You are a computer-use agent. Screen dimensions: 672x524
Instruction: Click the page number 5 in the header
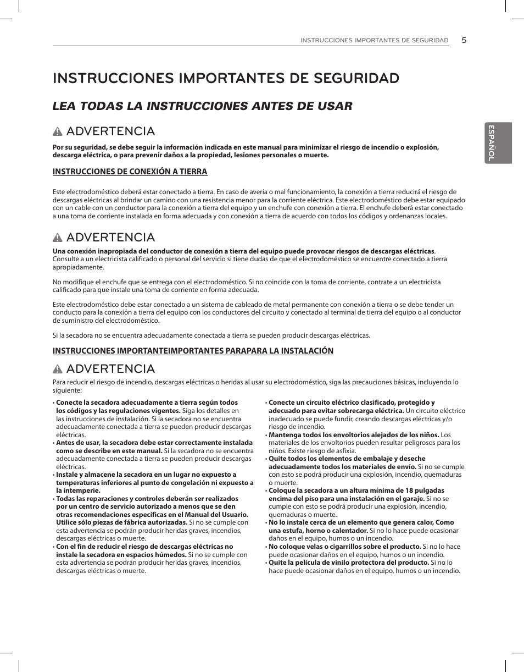tap(464, 40)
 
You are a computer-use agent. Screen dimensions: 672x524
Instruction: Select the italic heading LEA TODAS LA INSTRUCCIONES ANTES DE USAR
tap(202, 106)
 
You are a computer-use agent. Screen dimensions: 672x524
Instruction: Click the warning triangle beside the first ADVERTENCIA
tap(58, 132)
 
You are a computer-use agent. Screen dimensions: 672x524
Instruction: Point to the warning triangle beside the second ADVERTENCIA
tap(58, 238)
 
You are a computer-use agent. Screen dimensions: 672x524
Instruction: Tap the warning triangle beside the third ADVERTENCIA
tap(58, 369)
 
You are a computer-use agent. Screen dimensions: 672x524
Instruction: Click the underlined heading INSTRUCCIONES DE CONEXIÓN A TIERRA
tap(130, 172)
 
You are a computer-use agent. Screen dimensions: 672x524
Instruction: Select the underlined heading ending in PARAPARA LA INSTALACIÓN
tap(193, 350)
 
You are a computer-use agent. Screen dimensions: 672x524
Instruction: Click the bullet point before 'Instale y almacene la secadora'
tap(54, 475)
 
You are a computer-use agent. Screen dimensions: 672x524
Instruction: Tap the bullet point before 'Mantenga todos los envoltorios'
tap(266, 435)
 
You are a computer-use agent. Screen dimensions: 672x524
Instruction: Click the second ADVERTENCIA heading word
tap(110, 238)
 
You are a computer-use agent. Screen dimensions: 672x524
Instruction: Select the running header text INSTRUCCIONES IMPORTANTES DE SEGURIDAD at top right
tap(374, 41)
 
